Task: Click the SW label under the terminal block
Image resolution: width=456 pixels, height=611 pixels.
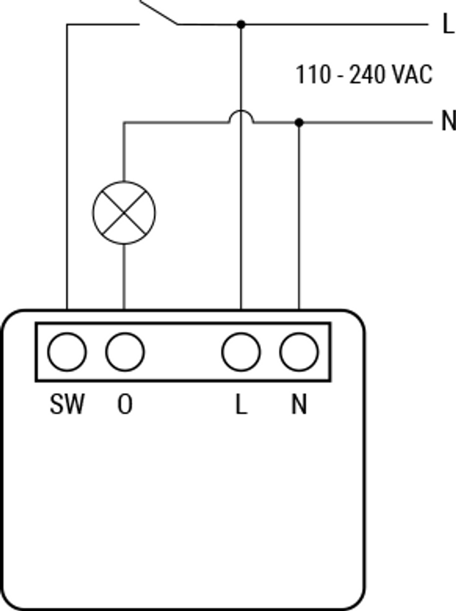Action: click(x=67, y=404)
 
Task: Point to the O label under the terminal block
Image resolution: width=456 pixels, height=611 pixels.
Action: click(x=125, y=404)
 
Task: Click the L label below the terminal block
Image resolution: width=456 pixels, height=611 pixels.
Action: click(x=241, y=404)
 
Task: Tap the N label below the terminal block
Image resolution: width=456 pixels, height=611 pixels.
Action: click(x=299, y=404)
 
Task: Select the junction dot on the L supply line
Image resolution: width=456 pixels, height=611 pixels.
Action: click(x=241, y=24)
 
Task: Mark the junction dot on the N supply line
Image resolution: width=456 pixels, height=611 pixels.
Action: click(x=299, y=122)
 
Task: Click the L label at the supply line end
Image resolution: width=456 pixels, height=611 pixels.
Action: click(x=449, y=23)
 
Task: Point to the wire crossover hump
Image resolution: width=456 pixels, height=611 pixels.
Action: click(x=241, y=110)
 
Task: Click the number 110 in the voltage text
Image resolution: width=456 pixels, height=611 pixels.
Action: click(x=313, y=75)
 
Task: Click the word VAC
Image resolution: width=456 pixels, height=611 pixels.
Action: click(x=412, y=75)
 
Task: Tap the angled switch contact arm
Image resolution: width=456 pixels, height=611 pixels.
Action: click(x=159, y=13)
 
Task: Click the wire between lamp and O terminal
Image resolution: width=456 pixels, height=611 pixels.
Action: click(x=124, y=277)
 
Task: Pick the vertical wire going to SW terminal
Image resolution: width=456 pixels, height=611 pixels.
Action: click(x=67, y=167)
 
